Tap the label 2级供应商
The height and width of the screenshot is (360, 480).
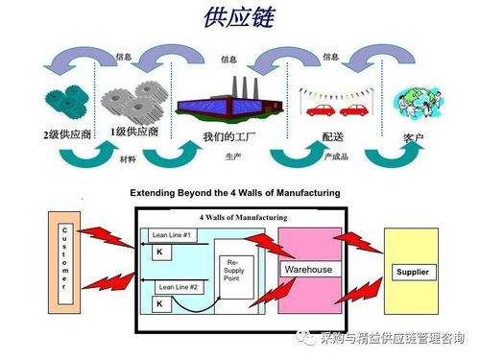(67, 134)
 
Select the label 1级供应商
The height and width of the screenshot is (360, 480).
(134, 132)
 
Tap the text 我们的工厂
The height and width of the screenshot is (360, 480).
(228, 137)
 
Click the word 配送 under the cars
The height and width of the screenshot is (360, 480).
(333, 137)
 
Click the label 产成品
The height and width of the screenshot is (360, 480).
(336, 156)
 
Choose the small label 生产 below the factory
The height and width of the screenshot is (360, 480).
(233, 156)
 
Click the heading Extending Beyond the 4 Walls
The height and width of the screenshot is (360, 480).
(235, 193)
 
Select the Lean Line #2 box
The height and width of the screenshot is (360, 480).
(178, 287)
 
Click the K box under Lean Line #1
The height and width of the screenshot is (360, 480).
(159, 251)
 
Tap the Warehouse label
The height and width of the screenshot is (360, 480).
(308, 270)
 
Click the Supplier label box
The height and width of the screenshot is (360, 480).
(412, 273)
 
